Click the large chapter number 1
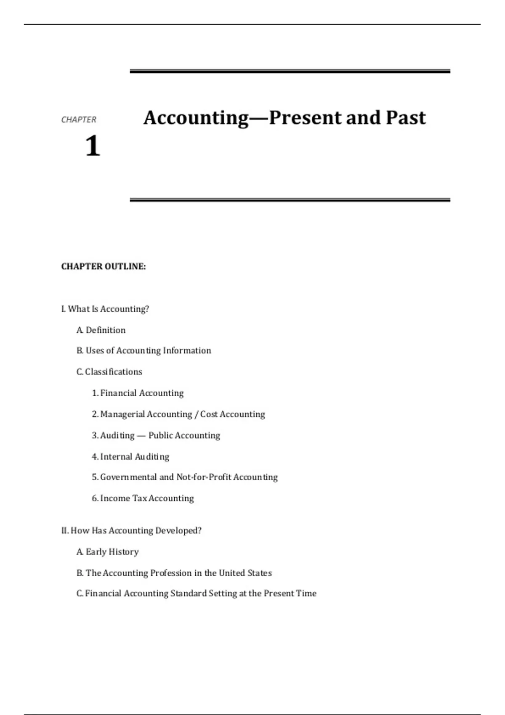tap(93, 146)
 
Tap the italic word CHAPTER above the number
tap(79, 120)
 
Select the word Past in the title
tap(406, 118)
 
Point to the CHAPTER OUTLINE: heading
tap(104, 267)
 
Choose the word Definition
tap(106, 330)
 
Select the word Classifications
tap(114, 372)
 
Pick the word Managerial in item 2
tap(122, 414)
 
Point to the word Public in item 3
tap(160, 435)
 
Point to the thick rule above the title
tap(290, 71)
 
